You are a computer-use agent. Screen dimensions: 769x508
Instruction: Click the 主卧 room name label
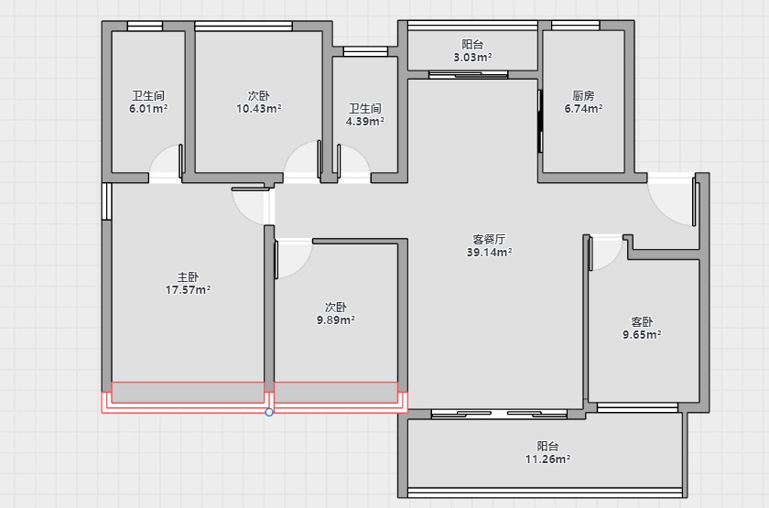(x=188, y=277)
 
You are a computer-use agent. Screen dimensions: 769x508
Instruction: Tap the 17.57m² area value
(x=188, y=290)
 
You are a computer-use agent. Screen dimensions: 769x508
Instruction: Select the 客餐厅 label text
(x=489, y=239)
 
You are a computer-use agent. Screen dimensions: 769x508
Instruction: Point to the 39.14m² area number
(x=490, y=252)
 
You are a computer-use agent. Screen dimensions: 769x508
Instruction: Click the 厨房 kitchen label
(x=583, y=95)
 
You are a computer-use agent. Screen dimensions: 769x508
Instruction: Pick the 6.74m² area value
(x=583, y=108)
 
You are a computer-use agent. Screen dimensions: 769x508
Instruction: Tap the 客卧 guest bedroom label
(x=642, y=321)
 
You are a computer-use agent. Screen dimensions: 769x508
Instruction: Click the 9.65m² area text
(x=642, y=334)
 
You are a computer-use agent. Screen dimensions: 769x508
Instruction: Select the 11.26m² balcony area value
(x=547, y=459)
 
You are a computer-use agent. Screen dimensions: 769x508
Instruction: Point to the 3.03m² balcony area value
(x=472, y=58)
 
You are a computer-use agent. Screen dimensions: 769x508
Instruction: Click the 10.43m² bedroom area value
(x=258, y=108)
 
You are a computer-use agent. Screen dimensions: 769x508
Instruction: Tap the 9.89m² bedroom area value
(x=335, y=319)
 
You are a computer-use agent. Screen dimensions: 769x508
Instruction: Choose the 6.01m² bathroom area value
(x=148, y=108)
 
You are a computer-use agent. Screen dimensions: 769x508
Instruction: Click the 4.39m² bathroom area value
(x=365, y=121)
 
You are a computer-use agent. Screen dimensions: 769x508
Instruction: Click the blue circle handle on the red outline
(x=269, y=412)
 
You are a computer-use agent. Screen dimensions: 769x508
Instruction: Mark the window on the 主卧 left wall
(x=106, y=201)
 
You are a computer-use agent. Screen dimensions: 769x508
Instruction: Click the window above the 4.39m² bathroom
(x=365, y=51)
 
